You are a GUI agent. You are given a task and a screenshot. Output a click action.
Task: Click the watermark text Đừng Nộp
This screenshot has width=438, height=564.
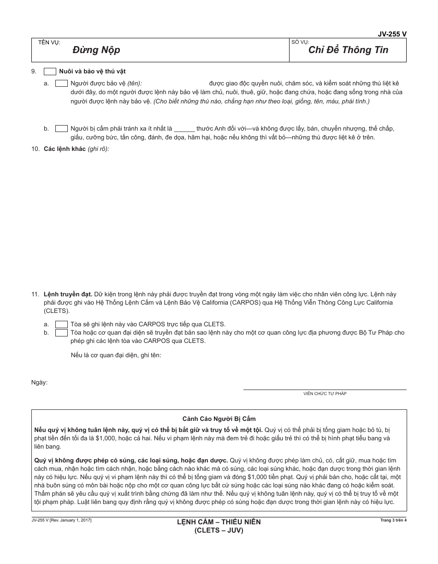pos(96,50)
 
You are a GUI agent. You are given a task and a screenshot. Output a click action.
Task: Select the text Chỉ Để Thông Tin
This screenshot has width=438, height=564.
pos(348,50)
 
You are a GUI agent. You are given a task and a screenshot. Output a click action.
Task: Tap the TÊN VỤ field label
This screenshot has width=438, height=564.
pos(49,42)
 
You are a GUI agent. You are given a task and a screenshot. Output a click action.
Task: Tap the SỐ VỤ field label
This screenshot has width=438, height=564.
pos(300,42)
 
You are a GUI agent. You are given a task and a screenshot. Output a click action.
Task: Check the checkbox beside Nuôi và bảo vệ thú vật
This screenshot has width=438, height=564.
pos(50,72)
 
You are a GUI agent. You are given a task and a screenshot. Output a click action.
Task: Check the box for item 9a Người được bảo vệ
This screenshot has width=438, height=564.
pos(61,84)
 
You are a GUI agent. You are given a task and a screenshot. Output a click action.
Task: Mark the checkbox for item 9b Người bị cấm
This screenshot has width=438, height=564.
pos(61,129)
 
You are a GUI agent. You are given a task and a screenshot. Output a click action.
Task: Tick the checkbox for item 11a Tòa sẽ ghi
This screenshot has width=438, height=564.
pos(61,324)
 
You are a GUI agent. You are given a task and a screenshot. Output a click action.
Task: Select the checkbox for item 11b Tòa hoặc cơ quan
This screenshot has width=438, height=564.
pos(61,333)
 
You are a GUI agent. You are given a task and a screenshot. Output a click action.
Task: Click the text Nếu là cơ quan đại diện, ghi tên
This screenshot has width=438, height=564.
pos(116,355)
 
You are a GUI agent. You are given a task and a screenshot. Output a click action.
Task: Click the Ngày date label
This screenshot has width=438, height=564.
pos(39,382)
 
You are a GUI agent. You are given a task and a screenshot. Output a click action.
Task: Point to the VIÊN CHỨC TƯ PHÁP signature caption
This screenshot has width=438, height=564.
pos(325,394)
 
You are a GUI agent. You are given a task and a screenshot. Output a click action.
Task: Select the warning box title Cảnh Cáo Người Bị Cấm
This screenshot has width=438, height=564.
pos(219,419)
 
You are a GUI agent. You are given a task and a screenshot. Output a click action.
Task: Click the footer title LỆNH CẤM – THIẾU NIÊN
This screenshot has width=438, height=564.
pos(219,522)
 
